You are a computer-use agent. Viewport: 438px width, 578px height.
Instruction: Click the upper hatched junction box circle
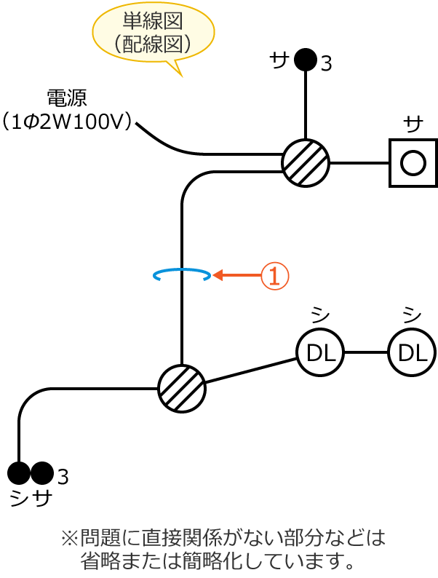(x=306, y=162)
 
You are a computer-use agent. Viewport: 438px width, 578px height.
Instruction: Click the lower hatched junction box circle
(x=182, y=389)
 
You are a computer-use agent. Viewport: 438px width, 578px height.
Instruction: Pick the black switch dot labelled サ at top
(x=306, y=60)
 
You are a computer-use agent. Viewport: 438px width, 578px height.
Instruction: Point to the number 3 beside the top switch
(x=326, y=64)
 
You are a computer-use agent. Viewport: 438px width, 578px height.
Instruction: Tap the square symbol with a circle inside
(x=413, y=162)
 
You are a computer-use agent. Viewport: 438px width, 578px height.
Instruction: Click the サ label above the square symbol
(x=413, y=124)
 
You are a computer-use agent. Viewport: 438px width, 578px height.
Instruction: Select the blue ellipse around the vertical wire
(x=182, y=274)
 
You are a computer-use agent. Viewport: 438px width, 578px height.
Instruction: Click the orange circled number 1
(x=275, y=275)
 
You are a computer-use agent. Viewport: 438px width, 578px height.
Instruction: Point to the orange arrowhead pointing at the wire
(x=217, y=275)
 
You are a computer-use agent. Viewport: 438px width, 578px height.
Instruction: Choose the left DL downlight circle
(x=319, y=352)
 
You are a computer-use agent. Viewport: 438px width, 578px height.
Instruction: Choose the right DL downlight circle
(x=412, y=352)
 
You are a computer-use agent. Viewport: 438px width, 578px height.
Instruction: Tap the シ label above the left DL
(x=319, y=314)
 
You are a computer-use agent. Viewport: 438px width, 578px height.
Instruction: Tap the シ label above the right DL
(x=412, y=314)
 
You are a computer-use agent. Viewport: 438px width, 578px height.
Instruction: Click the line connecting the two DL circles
(x=365, y=352)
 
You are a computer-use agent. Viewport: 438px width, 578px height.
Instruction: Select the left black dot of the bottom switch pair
(x=19, y=473)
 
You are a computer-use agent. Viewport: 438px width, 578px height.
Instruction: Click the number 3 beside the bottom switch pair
(x=63, y=478)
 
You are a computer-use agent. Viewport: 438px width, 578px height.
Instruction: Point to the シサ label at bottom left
(x=31, y=499)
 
